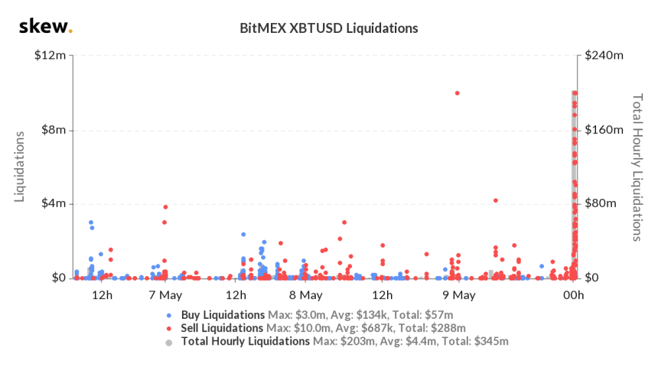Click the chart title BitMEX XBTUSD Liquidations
329,28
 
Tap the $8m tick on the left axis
54,130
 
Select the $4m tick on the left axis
54,204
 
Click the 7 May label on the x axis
164,295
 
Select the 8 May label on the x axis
305,295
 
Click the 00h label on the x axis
575,295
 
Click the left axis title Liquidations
21,167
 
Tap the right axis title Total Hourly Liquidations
636,167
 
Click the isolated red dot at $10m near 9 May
457,93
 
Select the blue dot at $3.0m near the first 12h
91,222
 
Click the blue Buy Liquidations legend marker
169,315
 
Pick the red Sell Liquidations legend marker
169,328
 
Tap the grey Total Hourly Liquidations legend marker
169,341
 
